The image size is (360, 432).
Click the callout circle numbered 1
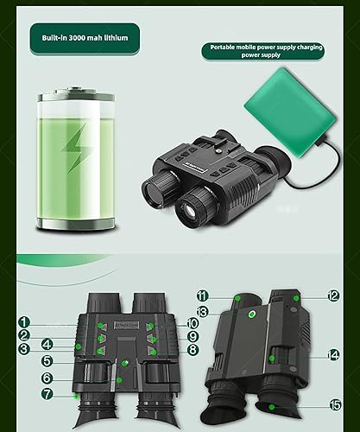click(24, 322)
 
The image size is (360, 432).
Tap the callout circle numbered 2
click(24, 335)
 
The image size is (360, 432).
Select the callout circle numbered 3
click(24, 348)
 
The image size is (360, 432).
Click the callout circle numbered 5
click(48, 360)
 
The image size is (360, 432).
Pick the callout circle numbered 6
click(48, 378)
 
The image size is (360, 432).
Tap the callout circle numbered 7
click(48, 394)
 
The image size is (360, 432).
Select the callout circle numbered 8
click(193, 351)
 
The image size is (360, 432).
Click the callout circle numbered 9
click(193, 336)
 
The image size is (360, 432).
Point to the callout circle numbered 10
click(193, 322)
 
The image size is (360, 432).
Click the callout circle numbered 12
click(333, 295)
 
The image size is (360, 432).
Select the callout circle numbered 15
click(333, 403)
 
